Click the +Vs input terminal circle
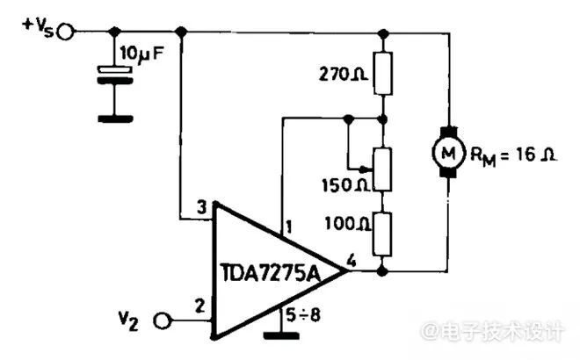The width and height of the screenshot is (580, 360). tap(66, 32)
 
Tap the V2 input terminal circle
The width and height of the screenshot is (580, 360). tap(163, 320)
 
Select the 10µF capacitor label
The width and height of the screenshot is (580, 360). tap(141, 54)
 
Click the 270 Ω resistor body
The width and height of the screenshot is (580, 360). tap(383, 73)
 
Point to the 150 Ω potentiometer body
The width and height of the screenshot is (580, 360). tap(382, 169)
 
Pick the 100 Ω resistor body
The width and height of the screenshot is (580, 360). tap(382, 234)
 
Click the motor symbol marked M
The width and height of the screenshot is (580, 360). tap(448, 152)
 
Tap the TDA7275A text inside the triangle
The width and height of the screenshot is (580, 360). tap(271, 273)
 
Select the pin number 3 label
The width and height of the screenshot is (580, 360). tap(201, 207)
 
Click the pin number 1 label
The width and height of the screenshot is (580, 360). tap(288, 227)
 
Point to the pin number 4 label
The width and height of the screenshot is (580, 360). tap(351, 261)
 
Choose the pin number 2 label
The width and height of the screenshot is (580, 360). tap(199, 306)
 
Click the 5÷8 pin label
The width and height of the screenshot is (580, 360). tap(302, 315)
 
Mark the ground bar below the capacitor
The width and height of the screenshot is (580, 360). tap(115, 119)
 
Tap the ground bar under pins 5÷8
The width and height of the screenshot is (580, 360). tap(281, 335)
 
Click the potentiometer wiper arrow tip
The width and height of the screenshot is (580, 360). tap(371, 169)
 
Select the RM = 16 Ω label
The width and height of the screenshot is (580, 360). tap(513, 155)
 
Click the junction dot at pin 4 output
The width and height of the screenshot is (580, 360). tap(382, 271)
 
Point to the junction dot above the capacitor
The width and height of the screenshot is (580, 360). tap(115, 32)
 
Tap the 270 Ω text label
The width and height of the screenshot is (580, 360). tap(343, 75)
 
